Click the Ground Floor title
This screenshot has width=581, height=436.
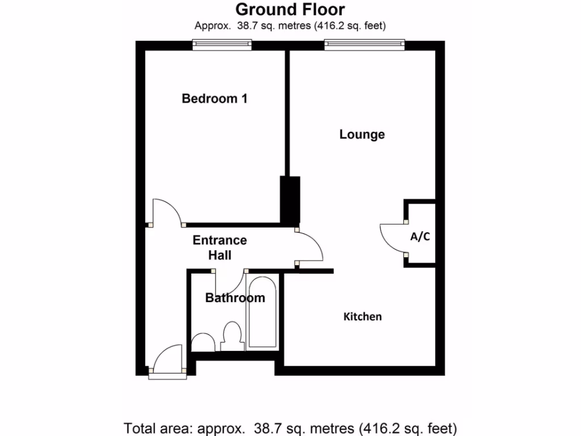pyautogui.click(x=290, y=10)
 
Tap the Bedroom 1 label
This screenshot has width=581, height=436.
pyautogui.click(x=214, y=99)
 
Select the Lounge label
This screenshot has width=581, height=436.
pyautogui.click(x=362, y=135)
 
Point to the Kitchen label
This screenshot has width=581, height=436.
pyautogui.click(x=363, y=317)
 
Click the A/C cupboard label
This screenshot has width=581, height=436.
pyautogui.click(x=420, y=237)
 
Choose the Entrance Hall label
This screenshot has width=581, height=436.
pyautogui.click(x=220, y=248)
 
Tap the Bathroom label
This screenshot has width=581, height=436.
pyautogui.click(x=235, y=298)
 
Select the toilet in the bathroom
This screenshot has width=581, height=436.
pyautogui.click(x=231, y=336)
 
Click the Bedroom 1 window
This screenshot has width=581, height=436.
pyautogui.click(x=221, y=44)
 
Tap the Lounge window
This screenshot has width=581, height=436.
pyautogui.click(x=364, y=44)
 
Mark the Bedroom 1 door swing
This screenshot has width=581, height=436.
pyautogui.click(x=167, y=212)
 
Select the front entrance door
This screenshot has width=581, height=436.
pyautogui.click(x=167, y=359)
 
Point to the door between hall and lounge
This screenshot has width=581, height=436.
pyautogui.click(x=310, y=246)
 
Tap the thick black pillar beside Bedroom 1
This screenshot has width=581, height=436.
pyautogui.click(x=290, y=200)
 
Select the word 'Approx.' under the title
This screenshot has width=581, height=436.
pyautogui.click(x=211, y=26)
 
